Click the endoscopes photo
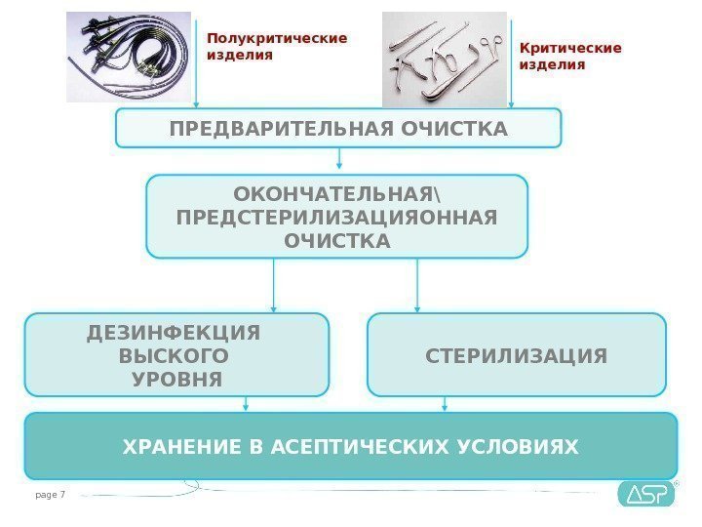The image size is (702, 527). tap(129, 57)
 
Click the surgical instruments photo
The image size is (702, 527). tap(445, 58)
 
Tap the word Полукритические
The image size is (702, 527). tap(277, 38)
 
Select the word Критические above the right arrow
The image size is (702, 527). tap(569, 47)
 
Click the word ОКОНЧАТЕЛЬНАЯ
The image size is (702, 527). tap(336, 190)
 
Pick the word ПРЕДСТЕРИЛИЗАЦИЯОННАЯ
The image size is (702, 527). tap(336, 216)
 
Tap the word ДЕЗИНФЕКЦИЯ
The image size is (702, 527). tap(175, 332)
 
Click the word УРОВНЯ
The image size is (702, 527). tap(176, 379)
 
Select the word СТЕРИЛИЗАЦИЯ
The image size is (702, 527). tap(516, 355)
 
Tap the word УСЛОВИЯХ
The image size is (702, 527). tap(518, 447)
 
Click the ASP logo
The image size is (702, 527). tap(645, 494)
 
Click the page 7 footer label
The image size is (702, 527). tap(49, 495)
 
